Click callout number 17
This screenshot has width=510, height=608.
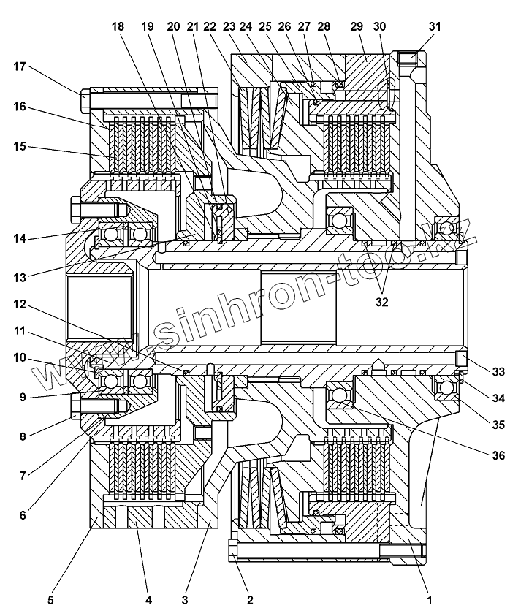(20, 68)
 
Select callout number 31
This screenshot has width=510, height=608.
(435, 26)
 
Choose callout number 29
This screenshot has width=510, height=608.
(357, 26)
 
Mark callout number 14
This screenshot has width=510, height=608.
(20, 238)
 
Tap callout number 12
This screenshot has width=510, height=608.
(20, 303)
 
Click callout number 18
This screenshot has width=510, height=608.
(118, 26)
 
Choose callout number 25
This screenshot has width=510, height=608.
(265, 26)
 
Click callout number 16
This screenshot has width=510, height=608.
(20, 107)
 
